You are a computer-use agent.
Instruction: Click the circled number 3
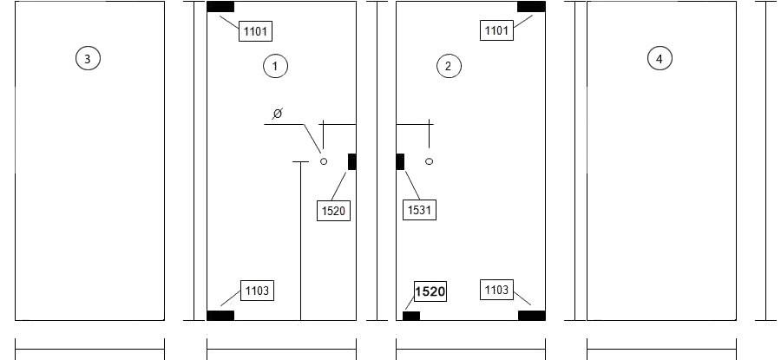click(88, 58)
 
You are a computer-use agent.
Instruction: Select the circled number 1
click(275, 66)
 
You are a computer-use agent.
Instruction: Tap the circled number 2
click(449, 66)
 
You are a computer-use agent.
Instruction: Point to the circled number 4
click(660, 59)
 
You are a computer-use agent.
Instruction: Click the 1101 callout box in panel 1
click(255, 31)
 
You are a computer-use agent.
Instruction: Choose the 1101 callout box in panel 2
click(496, 30)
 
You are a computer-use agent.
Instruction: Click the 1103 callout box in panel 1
click(257, 291)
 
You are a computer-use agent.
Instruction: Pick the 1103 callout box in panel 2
click(496, 290)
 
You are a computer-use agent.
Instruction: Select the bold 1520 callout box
click(430, 291)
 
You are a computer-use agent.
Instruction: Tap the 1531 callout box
click(419, 210)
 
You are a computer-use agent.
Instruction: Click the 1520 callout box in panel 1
click(334, 211)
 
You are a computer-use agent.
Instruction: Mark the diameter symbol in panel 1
click(278, 114)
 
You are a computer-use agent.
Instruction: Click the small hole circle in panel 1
click(324, 161)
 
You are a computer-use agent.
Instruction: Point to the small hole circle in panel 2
click(430, 161)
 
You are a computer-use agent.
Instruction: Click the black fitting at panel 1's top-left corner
click(220, 6)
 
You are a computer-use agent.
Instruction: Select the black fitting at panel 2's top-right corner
click(531, 6)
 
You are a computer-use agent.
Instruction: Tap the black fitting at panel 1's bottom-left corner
click(220, 315)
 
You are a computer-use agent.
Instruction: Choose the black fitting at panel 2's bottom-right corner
click(531, 315)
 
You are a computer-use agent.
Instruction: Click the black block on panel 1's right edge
click(352, 162)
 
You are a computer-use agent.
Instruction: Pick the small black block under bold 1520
click(411, 316)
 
